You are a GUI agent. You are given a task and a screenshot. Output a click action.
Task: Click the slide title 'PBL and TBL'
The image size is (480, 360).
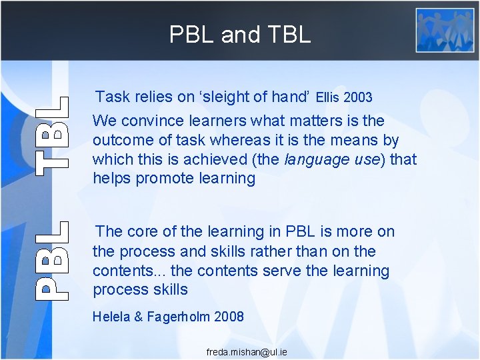(x=240, y=34)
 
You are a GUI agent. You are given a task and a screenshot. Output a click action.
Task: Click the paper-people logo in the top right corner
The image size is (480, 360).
(x=445, y=30)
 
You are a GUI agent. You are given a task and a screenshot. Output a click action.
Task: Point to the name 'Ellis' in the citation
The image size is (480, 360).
(x=328, y=98)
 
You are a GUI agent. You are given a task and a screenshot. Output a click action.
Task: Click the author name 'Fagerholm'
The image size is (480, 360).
(x=178, y=317)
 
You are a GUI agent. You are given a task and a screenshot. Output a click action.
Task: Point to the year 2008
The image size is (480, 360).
(x=229, y=317)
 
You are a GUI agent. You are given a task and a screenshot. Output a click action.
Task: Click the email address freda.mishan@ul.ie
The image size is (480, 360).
(x=247, y=351)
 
